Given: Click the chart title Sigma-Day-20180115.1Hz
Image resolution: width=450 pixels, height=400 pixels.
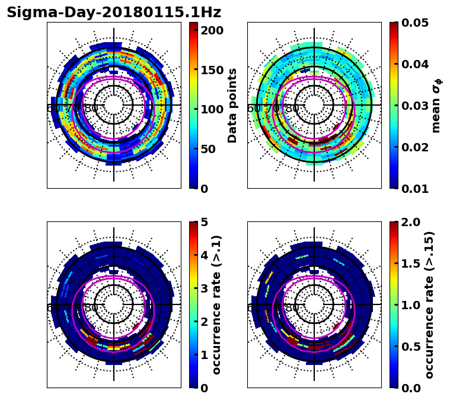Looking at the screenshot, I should (114, 12).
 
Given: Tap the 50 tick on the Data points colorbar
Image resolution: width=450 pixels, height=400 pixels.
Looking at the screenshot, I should (211, 149).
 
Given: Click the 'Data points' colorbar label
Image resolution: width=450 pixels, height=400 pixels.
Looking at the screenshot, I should (232, 105).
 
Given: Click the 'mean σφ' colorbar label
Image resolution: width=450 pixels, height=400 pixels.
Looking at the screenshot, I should (436, 105).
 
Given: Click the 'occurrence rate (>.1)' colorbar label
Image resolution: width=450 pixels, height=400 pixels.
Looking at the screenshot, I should (217, 304).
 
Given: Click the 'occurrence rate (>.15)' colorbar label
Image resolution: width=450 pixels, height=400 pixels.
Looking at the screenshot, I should (429, 304).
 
